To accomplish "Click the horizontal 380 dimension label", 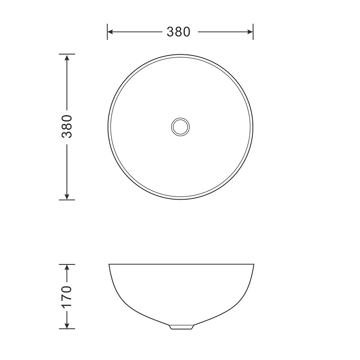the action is [179, 32].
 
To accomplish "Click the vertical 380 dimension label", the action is [67, 126].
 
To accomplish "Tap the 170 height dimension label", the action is [67, 296].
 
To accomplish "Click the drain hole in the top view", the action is [180, 127].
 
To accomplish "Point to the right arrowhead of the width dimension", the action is [250, 32].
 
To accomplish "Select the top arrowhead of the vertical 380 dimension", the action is [67, 57].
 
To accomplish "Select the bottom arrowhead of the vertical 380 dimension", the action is [67, 196].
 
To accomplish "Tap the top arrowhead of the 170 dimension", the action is [67, 268].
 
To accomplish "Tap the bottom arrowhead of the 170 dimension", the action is [67, 326].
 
